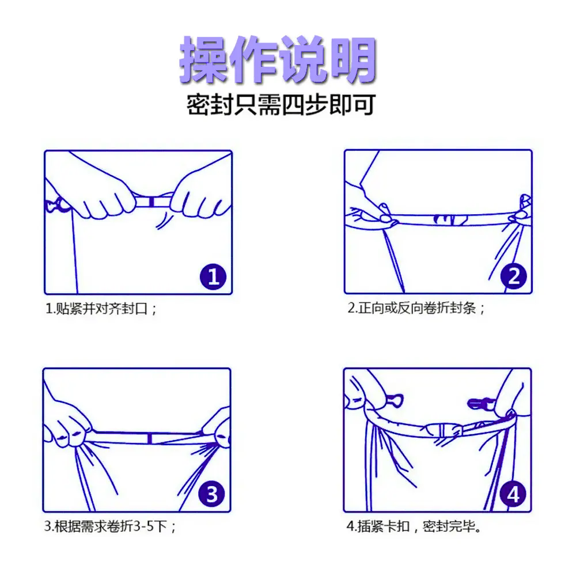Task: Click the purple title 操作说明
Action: [278, 59]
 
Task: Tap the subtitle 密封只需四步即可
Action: [281, 105]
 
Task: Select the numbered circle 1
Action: [214, 276]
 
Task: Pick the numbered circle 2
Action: [514, 276]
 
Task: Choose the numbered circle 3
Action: [212, 494]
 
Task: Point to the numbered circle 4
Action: [513, 494]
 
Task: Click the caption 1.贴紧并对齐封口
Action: [101, 309]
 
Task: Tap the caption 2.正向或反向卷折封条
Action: [416, 308]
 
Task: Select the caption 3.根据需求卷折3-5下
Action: [110, 526]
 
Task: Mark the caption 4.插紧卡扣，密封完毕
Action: [414, 526]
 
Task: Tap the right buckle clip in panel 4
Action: [481, 404]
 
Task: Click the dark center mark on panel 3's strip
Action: [150, 438]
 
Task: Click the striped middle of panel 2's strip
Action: [450, 219]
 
